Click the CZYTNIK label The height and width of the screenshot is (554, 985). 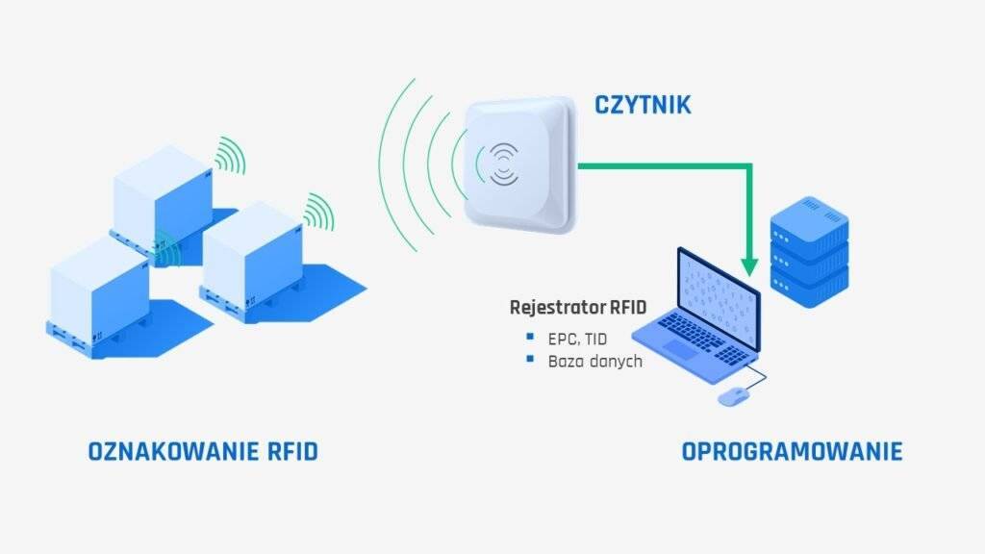(642, 104)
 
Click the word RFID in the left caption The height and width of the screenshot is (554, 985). (287, 451)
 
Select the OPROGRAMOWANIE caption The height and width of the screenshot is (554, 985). (792, 451)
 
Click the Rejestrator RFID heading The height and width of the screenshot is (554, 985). (577, 309)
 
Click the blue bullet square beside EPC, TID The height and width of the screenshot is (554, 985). (530, 337)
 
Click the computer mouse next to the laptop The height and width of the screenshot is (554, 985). (732, 396)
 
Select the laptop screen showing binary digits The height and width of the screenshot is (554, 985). (718, 293)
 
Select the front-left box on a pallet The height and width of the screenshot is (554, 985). (97, 289)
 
